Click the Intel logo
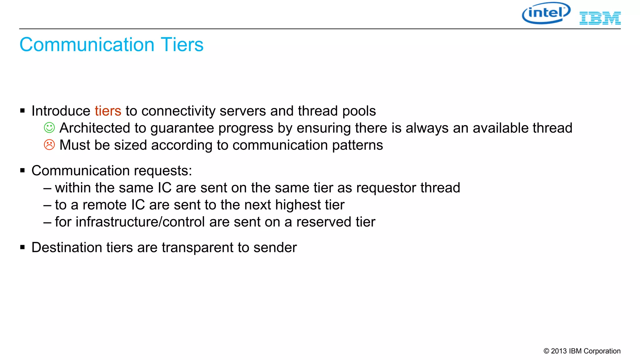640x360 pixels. point(546,13)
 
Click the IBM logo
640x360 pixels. point(600,18)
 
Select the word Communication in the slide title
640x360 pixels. point(87,45)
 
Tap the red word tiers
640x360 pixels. point(108,111)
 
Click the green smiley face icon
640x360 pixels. point(49,128)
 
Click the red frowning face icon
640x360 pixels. point(49,145)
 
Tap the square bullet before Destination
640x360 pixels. point(22,247)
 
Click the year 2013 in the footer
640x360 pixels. point(559,351)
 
